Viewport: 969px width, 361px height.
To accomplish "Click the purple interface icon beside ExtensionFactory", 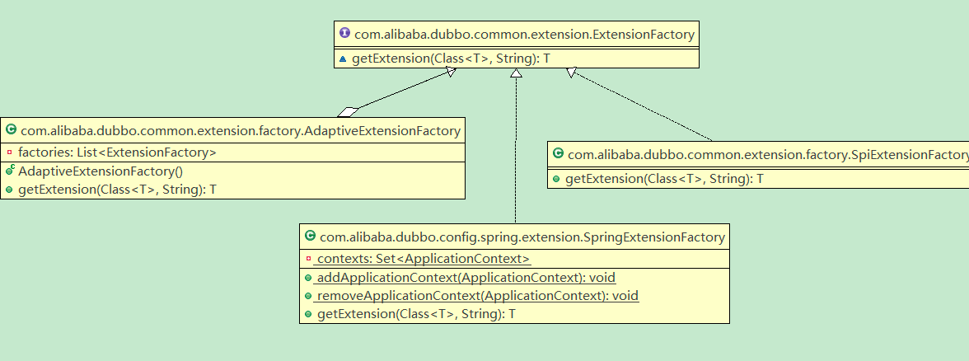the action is (x=344, y=33).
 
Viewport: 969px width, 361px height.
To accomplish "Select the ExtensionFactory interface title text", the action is (x=524, y=34).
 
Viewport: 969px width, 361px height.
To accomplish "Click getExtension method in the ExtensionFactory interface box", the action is (x=451, y=59).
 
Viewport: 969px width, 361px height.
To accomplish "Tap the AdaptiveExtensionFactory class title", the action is (x=241, y=130).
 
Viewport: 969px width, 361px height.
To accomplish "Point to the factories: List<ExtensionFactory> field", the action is (x=117, y=152).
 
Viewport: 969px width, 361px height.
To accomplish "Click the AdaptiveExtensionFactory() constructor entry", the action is (x=101, y=171).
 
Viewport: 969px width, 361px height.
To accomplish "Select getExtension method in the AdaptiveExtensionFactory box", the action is (x=117, y=190).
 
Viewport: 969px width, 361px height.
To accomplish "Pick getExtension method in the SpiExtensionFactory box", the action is (x=664, y=180).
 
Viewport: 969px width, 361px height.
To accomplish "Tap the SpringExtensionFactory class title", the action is (x=522, y=237).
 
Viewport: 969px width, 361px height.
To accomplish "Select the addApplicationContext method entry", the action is (x=466, y=278).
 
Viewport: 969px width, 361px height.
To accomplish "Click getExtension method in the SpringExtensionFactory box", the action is (x=416, y=314).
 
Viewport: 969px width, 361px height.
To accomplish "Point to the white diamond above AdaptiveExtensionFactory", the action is (x=348, y=112).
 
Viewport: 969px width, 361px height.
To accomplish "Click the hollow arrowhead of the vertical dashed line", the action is (x=516, y=73).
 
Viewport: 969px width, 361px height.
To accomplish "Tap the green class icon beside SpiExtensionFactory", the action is (x=557, y=154).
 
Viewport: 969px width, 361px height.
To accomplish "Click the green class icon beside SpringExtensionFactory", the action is (x=310, y=236).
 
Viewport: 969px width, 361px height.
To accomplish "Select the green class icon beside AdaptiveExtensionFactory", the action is (x=11, y=130).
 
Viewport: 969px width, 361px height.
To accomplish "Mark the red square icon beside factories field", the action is (x=9, y=152).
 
